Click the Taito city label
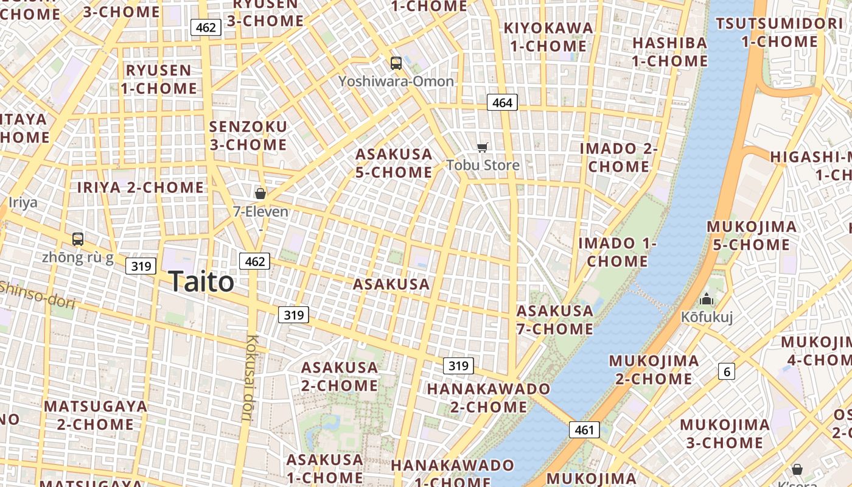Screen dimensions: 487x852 201,282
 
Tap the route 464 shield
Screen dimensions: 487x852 502,103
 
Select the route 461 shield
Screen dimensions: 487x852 584,430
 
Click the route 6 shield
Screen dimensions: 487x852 727,371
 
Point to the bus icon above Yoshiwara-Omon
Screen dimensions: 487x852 396,63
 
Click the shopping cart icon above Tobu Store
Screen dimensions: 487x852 483,147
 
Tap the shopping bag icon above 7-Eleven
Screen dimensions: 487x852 260,194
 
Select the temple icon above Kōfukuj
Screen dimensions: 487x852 707,299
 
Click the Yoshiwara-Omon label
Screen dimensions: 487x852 396,81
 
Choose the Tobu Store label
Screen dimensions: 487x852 483,165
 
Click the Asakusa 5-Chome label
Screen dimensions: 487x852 394,163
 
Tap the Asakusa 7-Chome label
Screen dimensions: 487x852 554,320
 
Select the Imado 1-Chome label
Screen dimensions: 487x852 617,252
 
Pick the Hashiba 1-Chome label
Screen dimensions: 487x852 669,52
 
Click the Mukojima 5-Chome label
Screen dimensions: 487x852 752,236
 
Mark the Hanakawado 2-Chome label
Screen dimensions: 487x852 489,398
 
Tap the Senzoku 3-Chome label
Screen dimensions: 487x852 248,136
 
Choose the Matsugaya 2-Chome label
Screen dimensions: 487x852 96,415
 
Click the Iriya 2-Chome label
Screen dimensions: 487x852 141,187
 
